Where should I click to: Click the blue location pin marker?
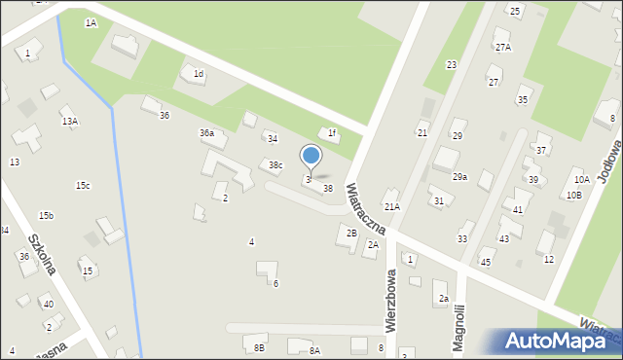(311, 157)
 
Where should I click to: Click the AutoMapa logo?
(561, 341)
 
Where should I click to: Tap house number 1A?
(91, 22)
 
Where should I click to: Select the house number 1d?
(198, 74)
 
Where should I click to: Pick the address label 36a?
(206, 132)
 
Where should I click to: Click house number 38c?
(275, 164)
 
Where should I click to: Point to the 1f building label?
(332, 133)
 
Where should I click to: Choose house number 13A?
(69, 121)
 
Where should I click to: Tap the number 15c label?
(83, 186)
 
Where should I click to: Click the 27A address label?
(502, 47)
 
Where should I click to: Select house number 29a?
(459, 177)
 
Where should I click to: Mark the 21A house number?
(391, 206)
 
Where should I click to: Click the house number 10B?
(573, 195)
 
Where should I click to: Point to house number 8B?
(259, 347)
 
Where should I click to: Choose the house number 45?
(486, 263)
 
